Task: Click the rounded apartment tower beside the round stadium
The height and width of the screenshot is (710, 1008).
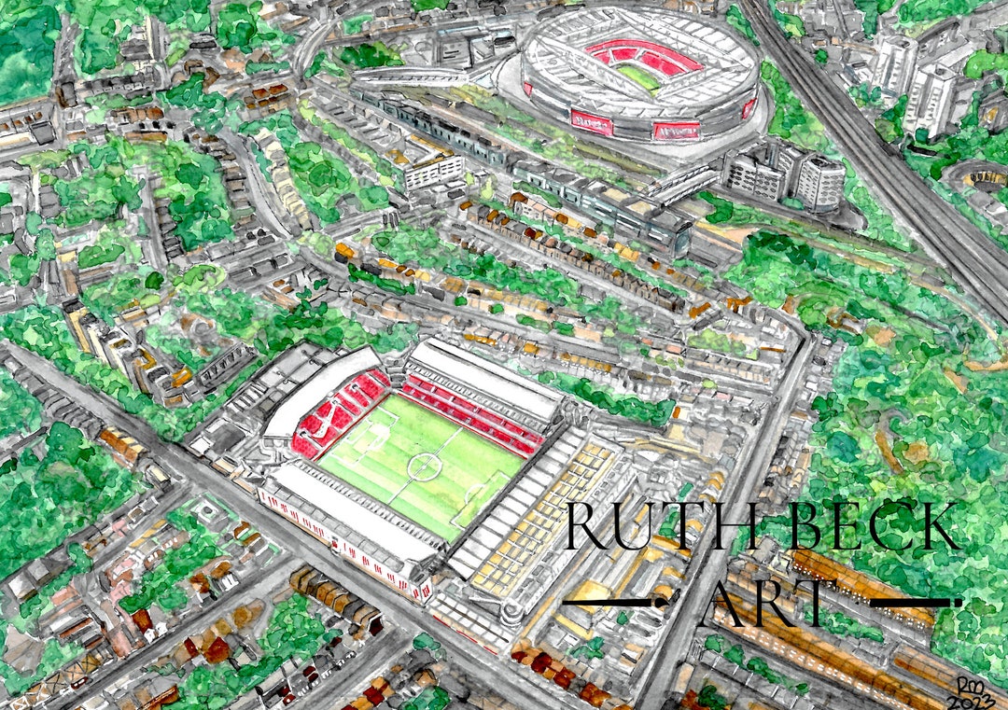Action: (819, 183)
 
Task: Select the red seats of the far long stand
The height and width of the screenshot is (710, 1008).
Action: (476, 411)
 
